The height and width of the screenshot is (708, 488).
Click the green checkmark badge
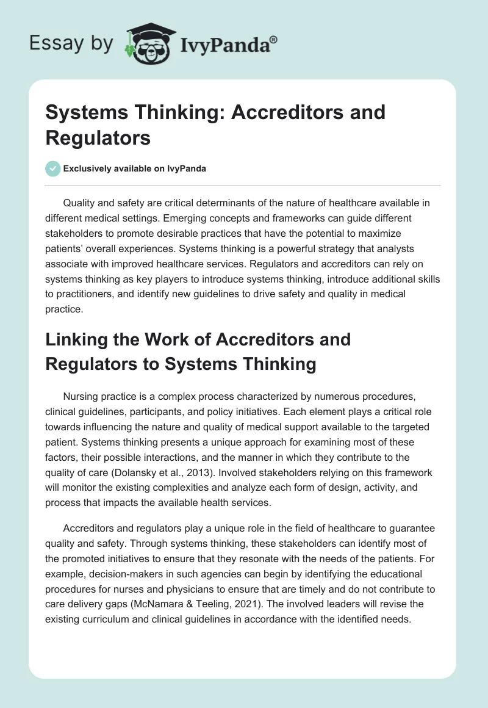pos(53,168)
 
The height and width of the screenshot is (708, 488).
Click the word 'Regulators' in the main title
pos(98,138)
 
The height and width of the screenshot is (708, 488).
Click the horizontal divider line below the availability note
pos(244,186)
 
